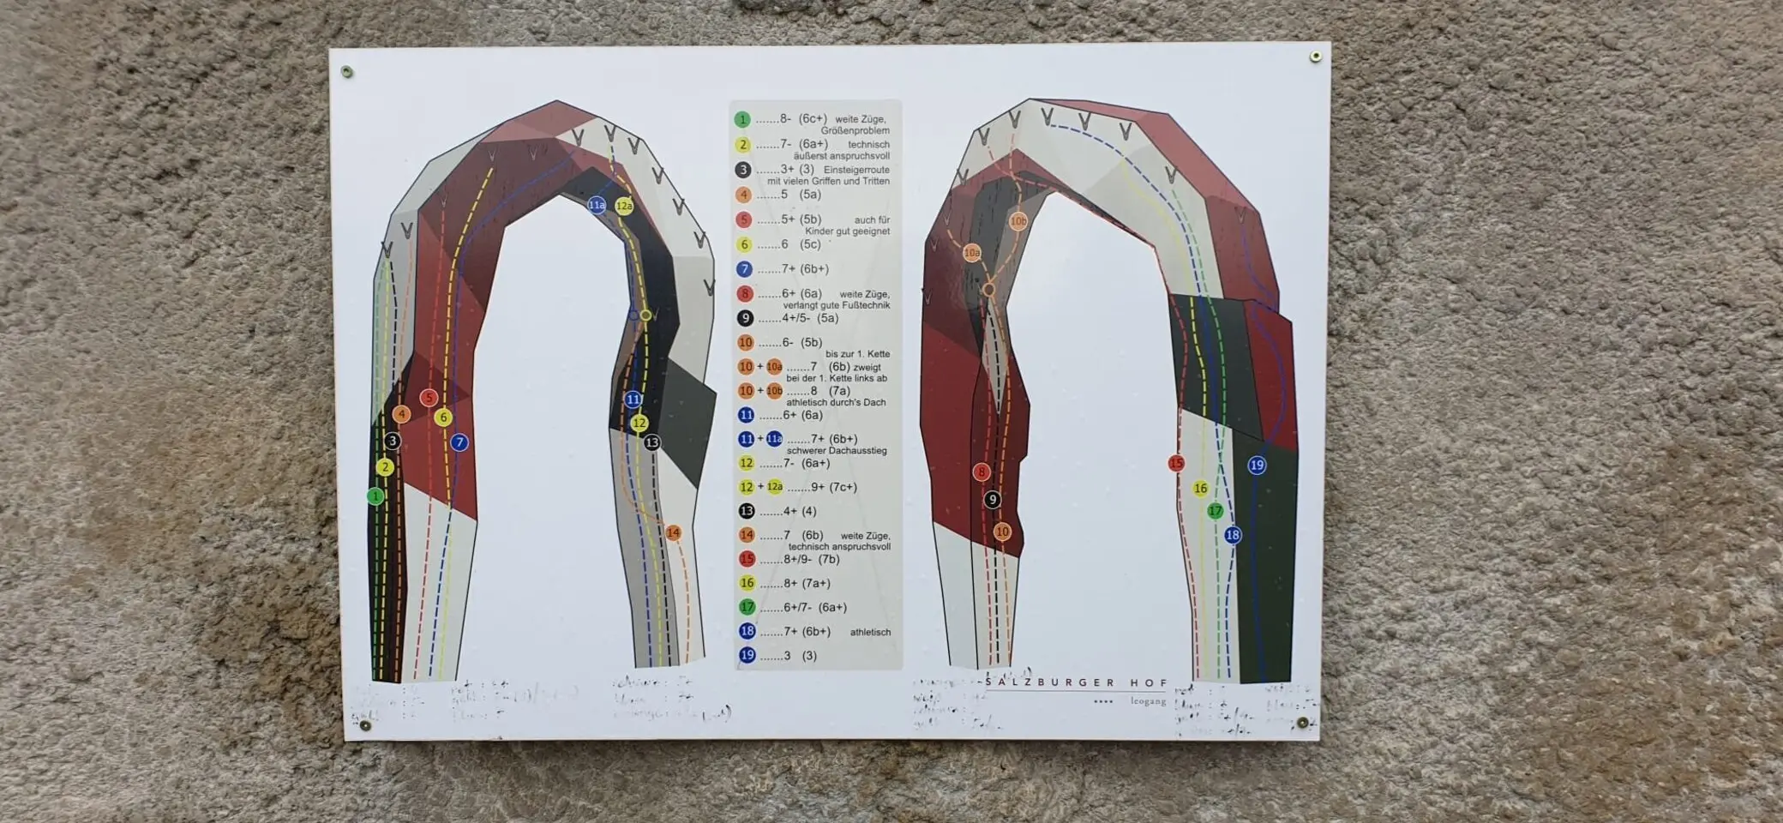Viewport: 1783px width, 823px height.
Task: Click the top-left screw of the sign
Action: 347,71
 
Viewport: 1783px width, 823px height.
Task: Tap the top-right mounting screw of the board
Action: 1315,57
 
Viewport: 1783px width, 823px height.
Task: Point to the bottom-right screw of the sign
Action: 1303,723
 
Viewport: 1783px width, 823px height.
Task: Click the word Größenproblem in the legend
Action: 855,130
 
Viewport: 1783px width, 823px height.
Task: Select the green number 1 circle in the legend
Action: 742,120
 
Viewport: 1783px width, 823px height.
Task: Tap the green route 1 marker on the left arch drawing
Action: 375,496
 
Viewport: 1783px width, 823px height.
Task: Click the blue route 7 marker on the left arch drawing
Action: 459,442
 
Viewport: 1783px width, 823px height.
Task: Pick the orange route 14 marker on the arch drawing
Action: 673,533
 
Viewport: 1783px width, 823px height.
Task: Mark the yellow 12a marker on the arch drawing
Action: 624,206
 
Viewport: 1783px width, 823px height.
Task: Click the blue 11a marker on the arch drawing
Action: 597,205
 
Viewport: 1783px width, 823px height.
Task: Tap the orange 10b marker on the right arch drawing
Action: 1018,221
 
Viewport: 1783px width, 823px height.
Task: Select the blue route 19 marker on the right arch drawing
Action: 1257,466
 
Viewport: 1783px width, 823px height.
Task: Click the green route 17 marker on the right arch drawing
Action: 1215,511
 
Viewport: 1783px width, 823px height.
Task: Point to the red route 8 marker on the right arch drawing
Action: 982,472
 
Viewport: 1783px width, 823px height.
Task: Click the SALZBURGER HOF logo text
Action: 1076,683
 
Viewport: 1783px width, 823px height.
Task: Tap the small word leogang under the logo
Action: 1148,701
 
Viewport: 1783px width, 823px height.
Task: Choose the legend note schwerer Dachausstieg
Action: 836,451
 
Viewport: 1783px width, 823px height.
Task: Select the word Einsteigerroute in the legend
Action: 856,170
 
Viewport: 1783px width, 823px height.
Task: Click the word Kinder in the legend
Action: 821,231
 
